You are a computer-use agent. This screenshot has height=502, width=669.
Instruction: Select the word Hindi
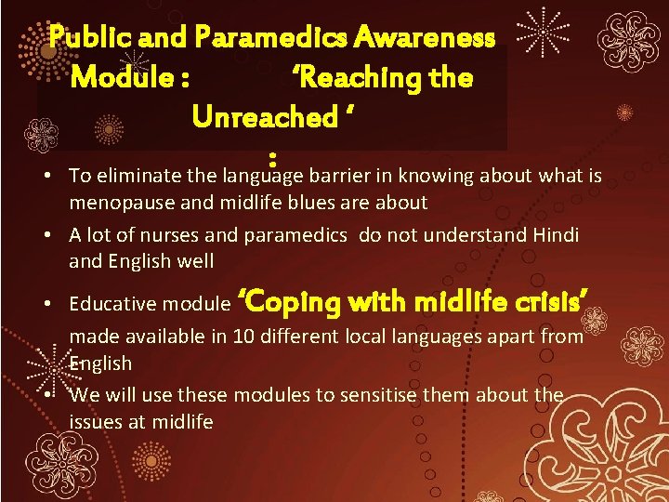click(556, 235)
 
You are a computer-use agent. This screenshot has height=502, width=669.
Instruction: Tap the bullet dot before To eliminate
click(58, 177)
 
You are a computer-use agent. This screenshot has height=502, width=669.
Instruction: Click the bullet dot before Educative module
click(58, 303)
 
